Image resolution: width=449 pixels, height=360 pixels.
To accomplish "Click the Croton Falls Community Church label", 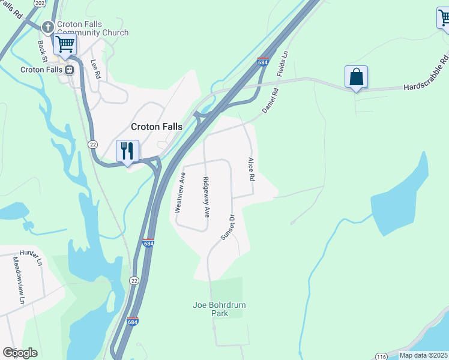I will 92,28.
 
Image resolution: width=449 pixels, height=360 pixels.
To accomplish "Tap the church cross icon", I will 48,28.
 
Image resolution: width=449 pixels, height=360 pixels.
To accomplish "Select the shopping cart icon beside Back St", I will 65,43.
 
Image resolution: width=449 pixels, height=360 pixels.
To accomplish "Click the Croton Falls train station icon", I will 69,70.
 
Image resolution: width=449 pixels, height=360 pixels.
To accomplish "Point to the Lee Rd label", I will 95,69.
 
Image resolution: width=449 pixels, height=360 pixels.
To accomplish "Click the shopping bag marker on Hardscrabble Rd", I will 357,77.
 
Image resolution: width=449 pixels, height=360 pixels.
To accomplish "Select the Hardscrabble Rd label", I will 426,74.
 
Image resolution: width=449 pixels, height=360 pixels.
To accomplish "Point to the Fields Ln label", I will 283,62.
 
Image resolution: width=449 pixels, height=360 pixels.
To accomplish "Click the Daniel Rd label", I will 271,101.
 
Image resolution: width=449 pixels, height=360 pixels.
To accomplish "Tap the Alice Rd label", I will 252,170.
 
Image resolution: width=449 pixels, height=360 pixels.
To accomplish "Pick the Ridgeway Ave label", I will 206,196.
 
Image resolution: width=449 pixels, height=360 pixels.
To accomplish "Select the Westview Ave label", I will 179,192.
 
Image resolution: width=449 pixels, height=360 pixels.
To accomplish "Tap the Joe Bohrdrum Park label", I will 219,308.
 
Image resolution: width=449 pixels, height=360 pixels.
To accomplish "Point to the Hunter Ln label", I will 31,256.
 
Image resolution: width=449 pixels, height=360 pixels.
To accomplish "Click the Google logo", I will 20,353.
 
